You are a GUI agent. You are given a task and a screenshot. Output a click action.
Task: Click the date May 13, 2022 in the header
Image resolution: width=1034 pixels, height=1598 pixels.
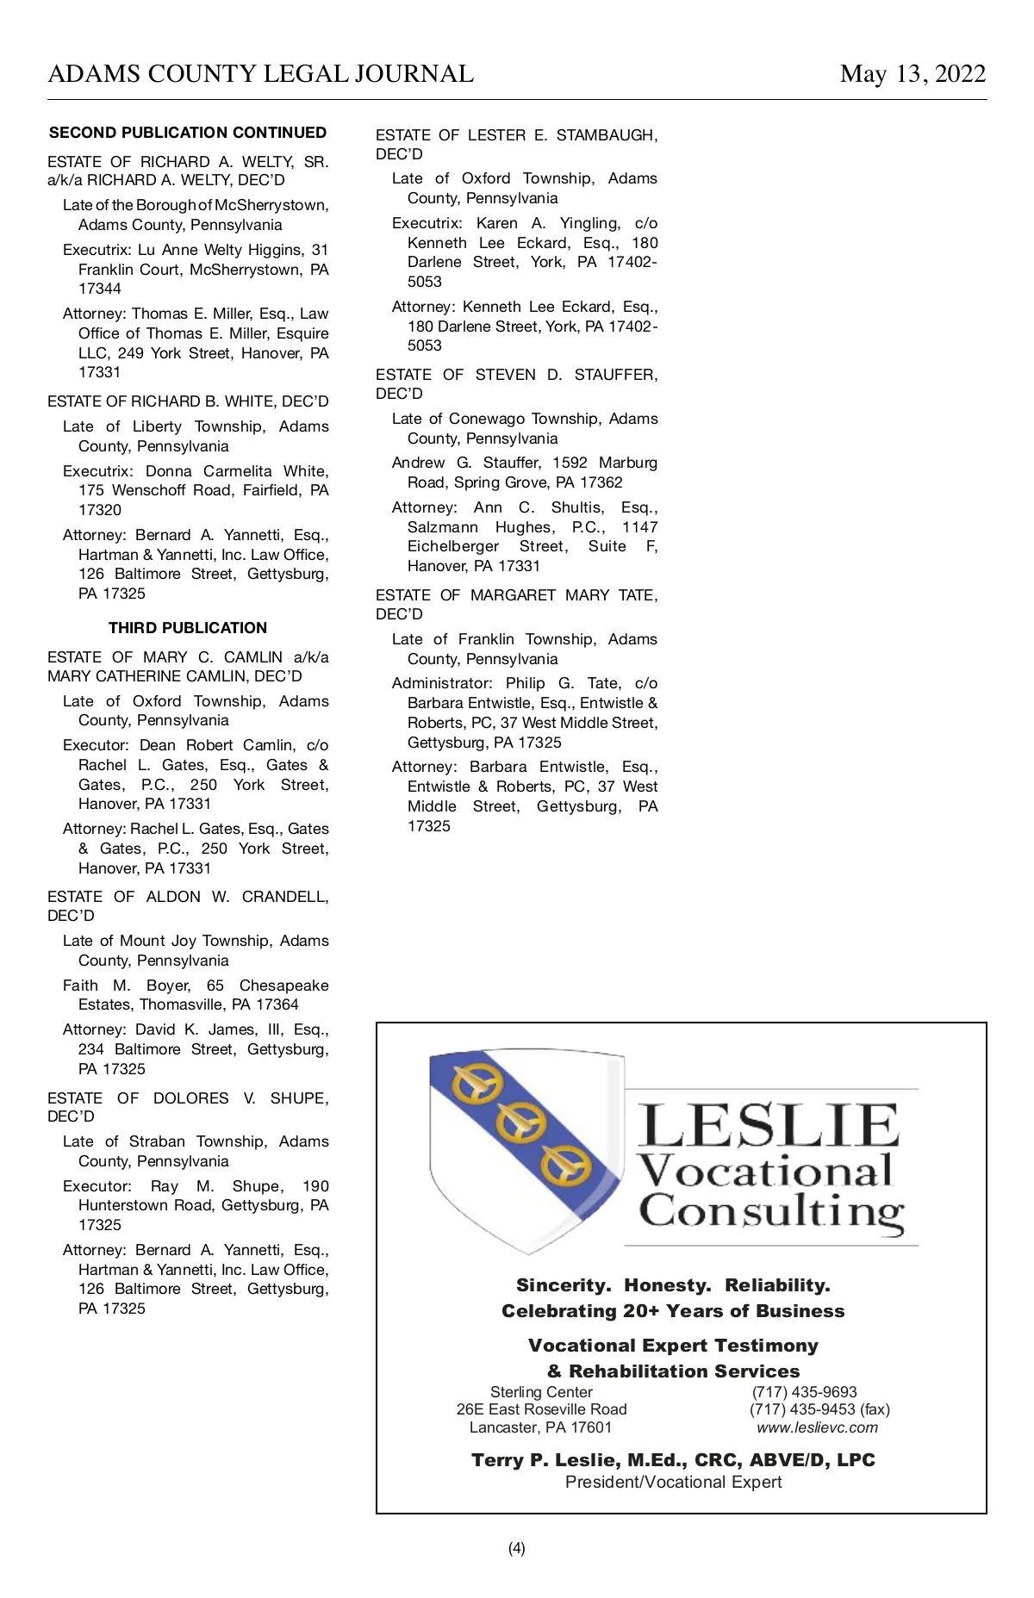(913, 74)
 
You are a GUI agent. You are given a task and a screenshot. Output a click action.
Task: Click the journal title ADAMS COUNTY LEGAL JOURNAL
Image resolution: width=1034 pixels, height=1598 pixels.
(260, 74)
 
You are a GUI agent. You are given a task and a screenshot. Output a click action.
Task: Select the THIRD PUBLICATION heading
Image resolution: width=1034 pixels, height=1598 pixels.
(188, 628)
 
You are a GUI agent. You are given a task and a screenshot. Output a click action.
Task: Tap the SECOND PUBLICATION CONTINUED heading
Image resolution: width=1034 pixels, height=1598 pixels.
(188, 133)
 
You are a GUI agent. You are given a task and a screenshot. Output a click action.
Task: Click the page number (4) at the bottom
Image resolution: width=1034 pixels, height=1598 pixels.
(517, 1548)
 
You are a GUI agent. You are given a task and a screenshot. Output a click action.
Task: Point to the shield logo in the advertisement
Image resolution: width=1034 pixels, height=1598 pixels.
(526, 1150)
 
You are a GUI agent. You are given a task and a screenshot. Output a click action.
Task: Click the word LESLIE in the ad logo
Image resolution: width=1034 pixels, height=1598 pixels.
(769, 1125)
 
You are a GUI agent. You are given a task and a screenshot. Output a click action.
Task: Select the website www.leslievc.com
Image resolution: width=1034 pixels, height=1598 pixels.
(817, 1427)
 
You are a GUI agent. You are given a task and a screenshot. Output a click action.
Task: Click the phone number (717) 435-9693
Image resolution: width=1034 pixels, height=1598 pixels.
(804, 1392)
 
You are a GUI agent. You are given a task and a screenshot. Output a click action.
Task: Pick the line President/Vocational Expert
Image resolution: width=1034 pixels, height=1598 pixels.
(673, 1482)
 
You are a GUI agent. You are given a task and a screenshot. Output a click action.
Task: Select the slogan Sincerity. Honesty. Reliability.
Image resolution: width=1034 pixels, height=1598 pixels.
(673, 1285)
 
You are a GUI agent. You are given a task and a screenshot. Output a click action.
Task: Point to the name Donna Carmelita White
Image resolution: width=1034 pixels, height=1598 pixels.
(236, 471)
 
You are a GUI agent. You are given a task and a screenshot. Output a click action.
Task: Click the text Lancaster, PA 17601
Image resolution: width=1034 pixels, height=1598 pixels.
(540, 1427)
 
